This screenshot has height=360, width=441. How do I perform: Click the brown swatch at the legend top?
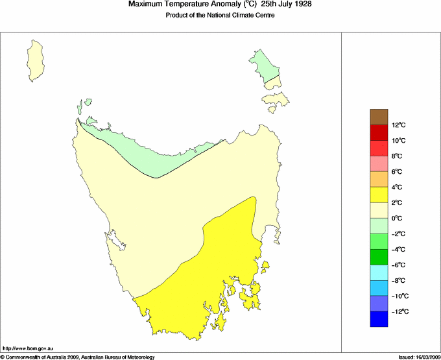[379, 117]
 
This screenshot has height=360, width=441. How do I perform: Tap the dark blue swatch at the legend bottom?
[379, 319]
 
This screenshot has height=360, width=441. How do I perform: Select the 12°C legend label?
[398, 125]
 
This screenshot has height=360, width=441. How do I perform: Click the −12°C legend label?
[398, 312]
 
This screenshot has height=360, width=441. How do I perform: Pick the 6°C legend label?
[397, 172]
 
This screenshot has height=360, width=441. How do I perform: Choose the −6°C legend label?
[398, 265]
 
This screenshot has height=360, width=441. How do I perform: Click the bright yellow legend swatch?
[379, 195]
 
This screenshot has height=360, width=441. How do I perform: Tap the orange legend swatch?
[379, 179]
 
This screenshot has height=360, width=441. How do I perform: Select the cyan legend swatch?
[379, 272]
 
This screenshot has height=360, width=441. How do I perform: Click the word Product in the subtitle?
[178, 16]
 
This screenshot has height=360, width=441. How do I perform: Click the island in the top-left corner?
[38, 60]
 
